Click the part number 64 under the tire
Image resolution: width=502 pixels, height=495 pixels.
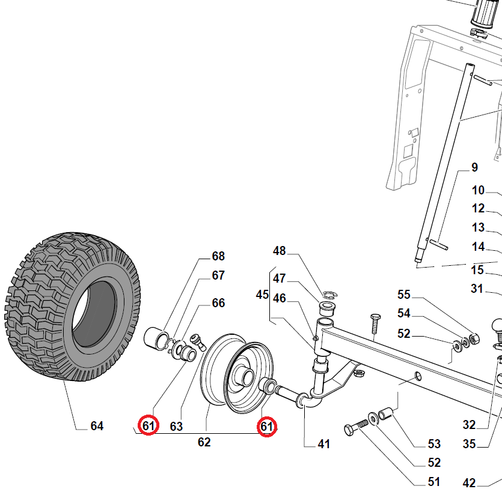[97, 426]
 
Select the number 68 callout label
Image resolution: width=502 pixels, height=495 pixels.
[218, 256]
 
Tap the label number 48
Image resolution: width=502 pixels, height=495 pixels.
[280, 251]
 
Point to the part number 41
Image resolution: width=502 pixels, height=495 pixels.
[324, 445]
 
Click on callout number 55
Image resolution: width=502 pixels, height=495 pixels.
[404, 295]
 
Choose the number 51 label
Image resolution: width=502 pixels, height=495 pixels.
[433, 482]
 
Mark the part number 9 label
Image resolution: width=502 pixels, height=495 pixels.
[474, 168]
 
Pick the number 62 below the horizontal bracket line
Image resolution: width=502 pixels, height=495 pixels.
[204, 443]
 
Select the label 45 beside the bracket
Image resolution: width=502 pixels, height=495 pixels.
[263, 295]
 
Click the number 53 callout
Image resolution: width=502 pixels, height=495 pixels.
[434, 444]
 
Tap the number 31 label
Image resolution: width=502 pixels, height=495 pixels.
[477, 289]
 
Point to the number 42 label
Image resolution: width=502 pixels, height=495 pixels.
[469, 483]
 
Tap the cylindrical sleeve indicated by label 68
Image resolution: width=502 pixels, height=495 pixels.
[157, 338]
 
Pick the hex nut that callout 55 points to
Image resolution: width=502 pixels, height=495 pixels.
[473, 340]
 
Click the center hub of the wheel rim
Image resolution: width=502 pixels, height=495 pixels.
[246, 378]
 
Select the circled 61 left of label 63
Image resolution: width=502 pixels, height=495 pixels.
[148, 426]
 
